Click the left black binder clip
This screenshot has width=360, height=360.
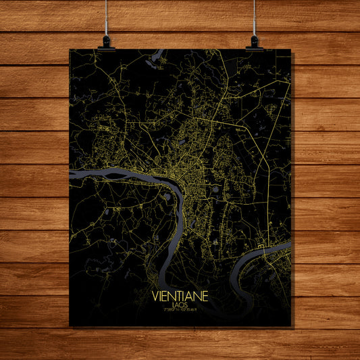[x=106, y=43]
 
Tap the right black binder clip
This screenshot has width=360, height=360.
[x=254, y=43]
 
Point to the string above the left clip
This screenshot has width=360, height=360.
[x=106, y=17]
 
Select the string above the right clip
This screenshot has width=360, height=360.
[x=255, y=17]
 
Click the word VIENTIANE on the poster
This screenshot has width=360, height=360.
[x=180, y=296]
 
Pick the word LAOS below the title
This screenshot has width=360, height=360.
[x=180, y=305]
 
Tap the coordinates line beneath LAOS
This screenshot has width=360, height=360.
[x=180, y=311]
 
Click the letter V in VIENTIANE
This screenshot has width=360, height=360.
[x=157, y=296]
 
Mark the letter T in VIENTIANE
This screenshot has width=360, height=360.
[x=178, y=296]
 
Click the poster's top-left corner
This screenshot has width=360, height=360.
[x=70, y=49]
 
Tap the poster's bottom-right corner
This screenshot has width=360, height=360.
[x=290, y=326]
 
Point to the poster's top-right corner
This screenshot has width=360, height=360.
[x=291, y=49]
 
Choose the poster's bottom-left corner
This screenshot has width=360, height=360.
[x=70, y=326]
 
